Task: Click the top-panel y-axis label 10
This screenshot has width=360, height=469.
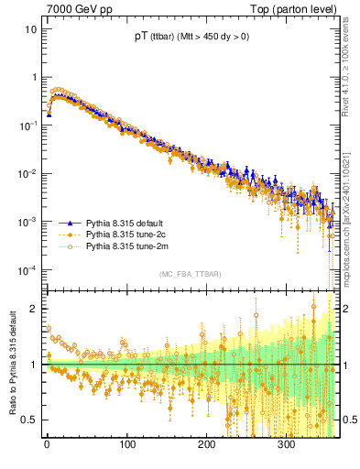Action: tap(30, 28)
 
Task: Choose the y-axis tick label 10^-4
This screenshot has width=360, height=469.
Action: tap(28, 269)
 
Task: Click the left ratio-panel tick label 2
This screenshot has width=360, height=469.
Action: tap(34, 309)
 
